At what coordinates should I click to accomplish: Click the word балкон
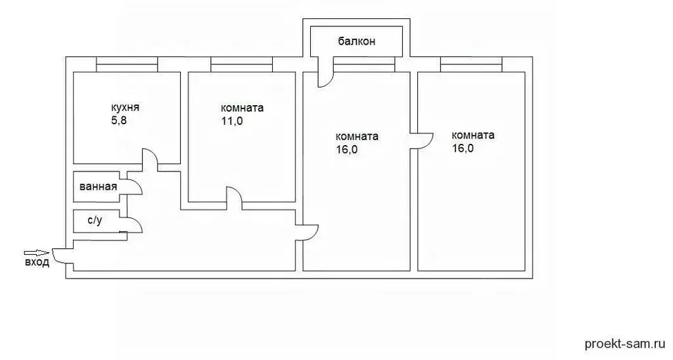(x=356, y=41)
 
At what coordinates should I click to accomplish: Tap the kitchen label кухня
(x=125, y=108)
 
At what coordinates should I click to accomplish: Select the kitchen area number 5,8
(x=119, y=121)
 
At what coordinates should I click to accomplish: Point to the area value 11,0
(x=232, y=121)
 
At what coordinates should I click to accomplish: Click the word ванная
(x=99, y=187)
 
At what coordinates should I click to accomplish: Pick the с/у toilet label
(x=95, y=221)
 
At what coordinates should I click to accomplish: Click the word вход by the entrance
(x=37, y=262)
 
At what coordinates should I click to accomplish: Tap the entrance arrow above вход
(x=36, y=253)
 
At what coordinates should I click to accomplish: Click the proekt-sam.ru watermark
(x=624, y=344)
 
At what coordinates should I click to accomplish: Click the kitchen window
(x=127, y=64)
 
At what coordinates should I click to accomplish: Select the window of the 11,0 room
(x=242, y=64)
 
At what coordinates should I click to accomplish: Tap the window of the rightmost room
(x=471, y=64)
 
